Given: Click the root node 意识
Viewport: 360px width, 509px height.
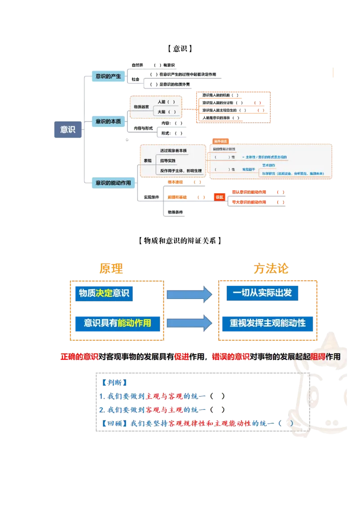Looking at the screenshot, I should tap(68, 129).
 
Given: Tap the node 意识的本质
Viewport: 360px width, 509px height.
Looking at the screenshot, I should tap(108, 121).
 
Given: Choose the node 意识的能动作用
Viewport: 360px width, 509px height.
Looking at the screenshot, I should tap(113, 183).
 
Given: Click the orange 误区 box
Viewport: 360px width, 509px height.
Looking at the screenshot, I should tap(219, 197).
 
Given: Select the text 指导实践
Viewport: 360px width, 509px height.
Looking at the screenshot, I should tap(168, 161).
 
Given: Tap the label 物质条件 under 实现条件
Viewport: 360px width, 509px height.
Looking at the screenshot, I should tap(175, 212).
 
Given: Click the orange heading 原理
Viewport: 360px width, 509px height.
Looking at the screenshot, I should tap(111, 269).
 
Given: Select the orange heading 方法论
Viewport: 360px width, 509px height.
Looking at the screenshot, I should tap(270, 269).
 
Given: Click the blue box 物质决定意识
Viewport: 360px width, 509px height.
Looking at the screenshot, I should tap(104, 293).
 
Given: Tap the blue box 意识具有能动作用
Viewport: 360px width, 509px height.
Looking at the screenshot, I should tap(117, 322).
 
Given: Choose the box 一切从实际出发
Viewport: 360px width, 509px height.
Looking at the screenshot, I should tap(262, 293).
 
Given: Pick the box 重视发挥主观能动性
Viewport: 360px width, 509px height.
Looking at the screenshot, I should tap(267, 322).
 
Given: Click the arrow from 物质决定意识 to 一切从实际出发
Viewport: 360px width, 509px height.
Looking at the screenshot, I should tap(189, 294).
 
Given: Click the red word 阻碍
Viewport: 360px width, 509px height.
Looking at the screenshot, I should tap(318, 357).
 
